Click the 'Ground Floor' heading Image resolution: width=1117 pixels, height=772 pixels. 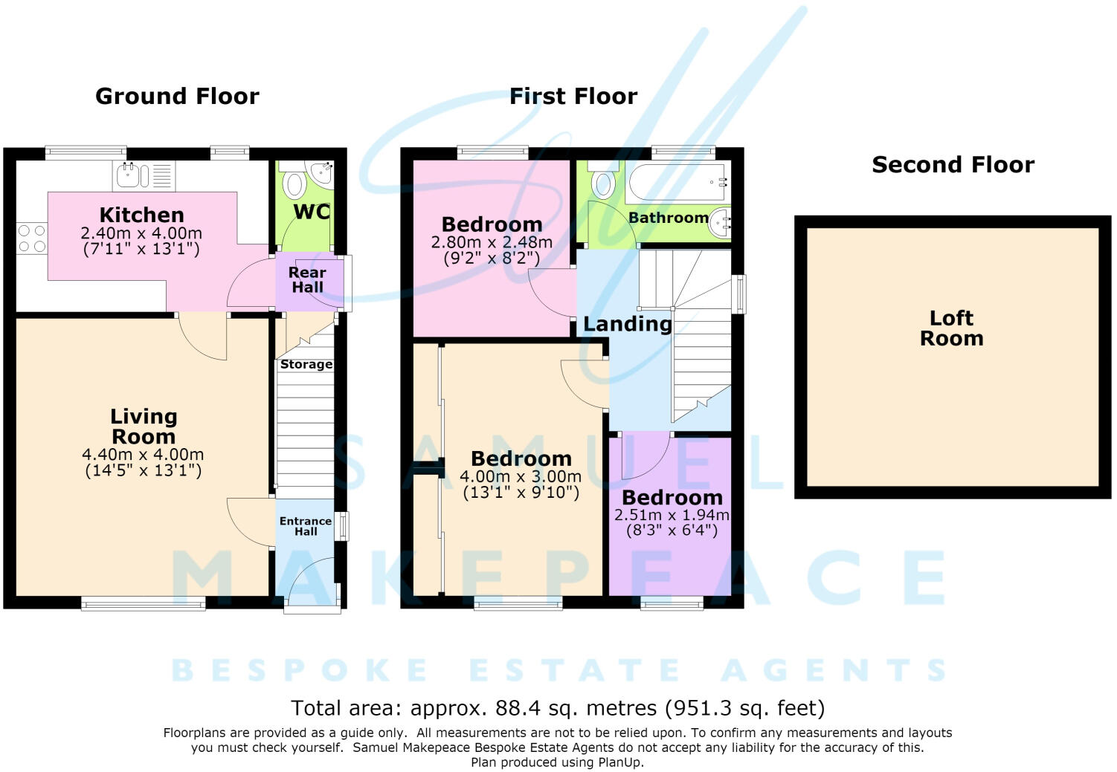[177, 96]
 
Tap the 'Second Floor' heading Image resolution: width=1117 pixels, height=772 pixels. [953, 165]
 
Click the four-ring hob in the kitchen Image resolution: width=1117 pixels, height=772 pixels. [32, 239]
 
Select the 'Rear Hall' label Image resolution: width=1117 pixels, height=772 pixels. [307, 280]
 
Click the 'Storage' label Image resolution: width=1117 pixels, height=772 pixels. [306, 365]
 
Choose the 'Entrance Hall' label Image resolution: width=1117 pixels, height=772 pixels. [306, 526]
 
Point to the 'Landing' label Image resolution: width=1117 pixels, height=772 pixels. [628, 324]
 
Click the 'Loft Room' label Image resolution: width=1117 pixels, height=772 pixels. [952, 328]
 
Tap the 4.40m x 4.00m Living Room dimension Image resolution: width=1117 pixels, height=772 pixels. [143, 454]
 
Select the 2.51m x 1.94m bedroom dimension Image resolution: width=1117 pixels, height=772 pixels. [672, 514]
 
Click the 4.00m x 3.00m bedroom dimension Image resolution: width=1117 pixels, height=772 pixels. [521, 476]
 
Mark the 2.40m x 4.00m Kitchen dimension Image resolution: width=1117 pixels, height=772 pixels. [141, 233]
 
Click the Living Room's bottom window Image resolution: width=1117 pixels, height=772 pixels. [144, 604]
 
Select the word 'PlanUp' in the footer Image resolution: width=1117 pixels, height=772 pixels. [620, 762]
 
